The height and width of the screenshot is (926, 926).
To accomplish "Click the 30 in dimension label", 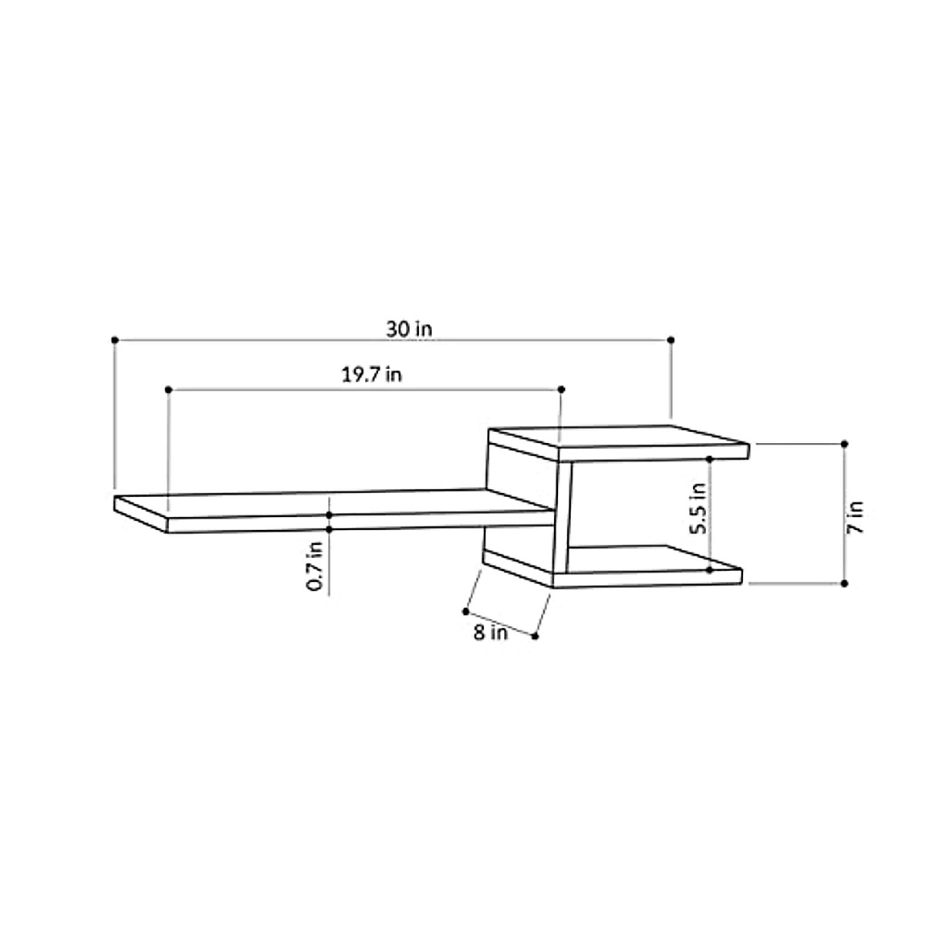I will point(410,329).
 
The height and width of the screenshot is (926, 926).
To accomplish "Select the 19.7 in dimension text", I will point(371,376).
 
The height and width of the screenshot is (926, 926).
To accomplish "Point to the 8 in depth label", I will point(490,634).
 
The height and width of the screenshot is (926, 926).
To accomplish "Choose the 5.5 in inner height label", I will point(698,509).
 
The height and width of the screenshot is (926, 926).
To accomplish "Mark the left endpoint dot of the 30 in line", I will point(115,340).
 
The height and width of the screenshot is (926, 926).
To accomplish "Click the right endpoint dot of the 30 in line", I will point(671,340).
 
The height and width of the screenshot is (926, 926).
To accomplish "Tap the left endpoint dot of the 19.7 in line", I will point(167,390).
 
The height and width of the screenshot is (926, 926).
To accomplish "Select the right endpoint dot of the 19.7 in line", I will point(561,390).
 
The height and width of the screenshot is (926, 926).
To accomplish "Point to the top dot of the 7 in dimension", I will point(844,444).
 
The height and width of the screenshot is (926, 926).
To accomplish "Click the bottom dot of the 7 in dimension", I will point(844,583).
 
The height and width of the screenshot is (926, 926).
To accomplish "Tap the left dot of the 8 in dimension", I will point(465,611).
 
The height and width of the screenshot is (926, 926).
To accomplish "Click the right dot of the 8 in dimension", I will point(535,636).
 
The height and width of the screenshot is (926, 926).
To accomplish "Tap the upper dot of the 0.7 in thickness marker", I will point(330,514).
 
